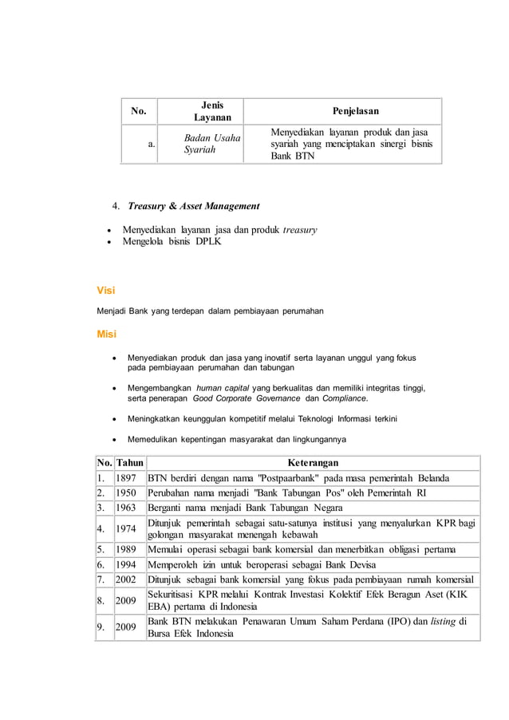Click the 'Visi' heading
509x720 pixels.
105,291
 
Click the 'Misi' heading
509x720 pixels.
106,334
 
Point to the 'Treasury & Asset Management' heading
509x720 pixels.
193,206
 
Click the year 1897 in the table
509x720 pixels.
126,479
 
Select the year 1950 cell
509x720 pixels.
126,493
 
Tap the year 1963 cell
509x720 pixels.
126,508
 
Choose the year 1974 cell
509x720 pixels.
126,528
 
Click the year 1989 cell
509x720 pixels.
126,550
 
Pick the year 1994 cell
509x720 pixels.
126,564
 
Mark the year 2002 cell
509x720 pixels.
126,579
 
